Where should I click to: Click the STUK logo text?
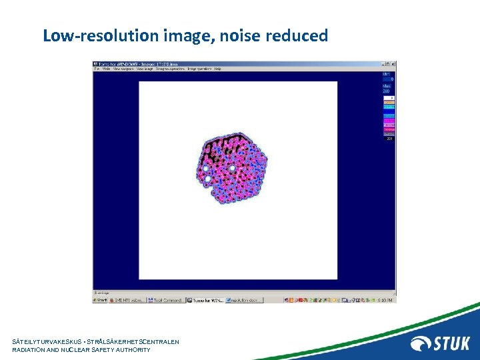point(451,344)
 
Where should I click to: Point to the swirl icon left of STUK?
point(421,344)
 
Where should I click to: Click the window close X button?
point(393,64)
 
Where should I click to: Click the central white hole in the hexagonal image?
point(232,169)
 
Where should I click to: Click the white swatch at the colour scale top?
point(388,97)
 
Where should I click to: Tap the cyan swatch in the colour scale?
point(388,107)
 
